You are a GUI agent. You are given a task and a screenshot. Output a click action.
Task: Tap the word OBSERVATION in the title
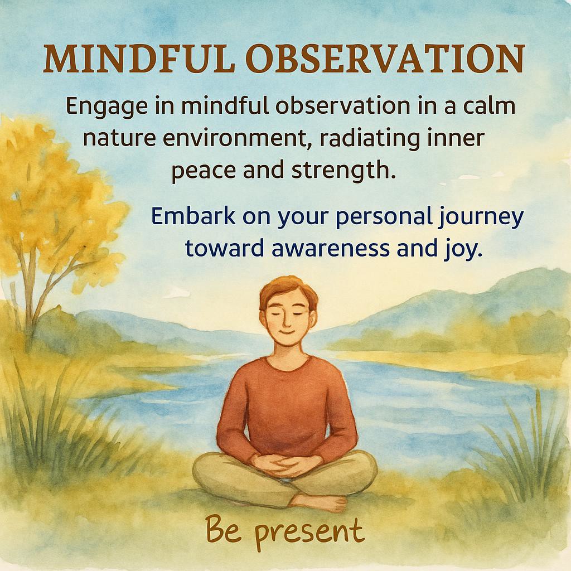[385, 58]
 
